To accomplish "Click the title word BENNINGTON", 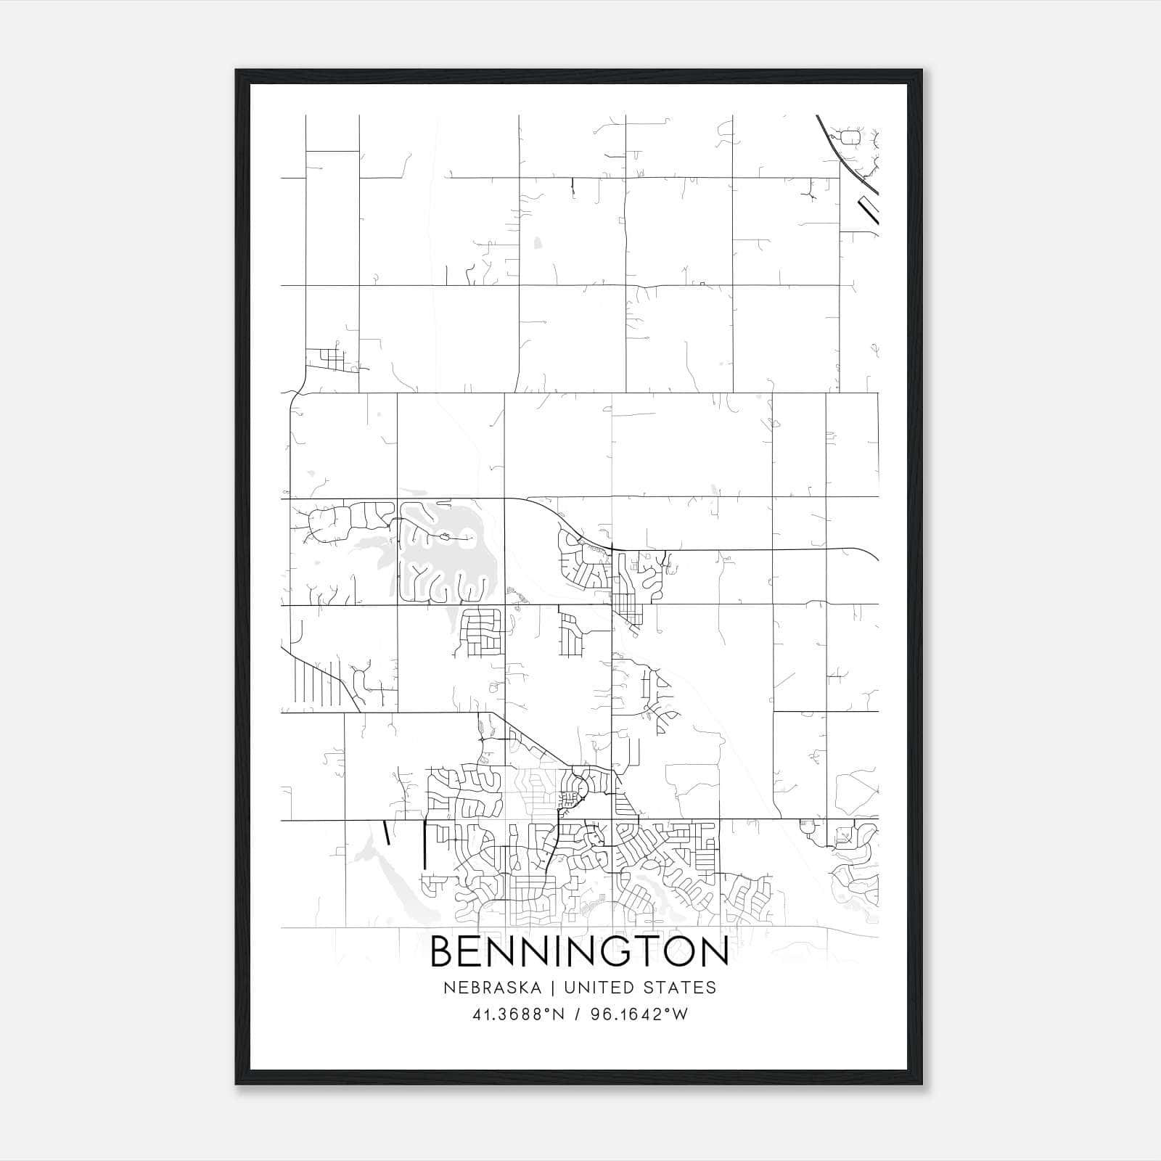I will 580,952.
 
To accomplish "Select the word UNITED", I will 599,988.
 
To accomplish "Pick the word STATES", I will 681,988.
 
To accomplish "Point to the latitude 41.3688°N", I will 518,1014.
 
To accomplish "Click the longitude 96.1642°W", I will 638,1014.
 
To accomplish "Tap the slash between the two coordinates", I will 576,1014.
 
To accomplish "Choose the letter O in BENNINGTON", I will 677,952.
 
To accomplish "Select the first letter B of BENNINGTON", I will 443,952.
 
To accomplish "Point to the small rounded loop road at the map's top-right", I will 850,136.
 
